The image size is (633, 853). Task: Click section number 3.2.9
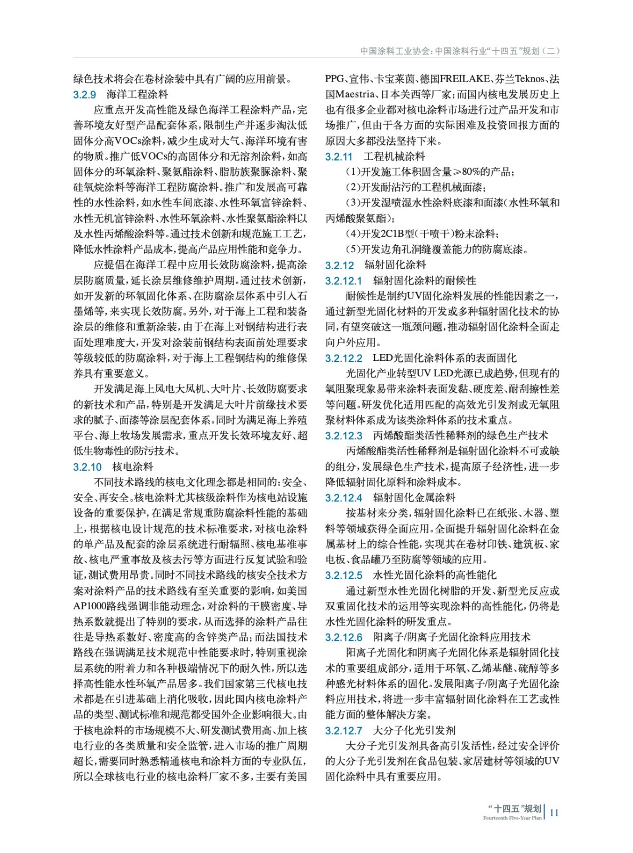pyautogui.click(x=84, y=95)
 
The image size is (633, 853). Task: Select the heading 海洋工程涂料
pyautogui.click(x=137, y=95)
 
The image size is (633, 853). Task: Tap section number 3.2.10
pyautogui.click(x=87, y=467)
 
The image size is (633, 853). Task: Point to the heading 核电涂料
pyautogui.click(x=133, y=467)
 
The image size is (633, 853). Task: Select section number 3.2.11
pyautogui.click(x=339, y=157)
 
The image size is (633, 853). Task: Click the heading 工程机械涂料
pyautogui.click(x=395, y=157)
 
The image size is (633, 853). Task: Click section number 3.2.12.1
pyautogui.click(x=343, y=281)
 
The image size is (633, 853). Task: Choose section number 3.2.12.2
pyautogui.click(x=343, y=358)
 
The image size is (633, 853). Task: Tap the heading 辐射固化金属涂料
pyautogui.click(x=414, y=498)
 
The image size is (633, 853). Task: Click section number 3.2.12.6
pyautogui.click(x=343, y=638)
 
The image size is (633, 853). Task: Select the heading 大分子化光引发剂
pyautogui.click(x=414, y=730)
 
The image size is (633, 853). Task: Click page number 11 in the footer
pyautogui.click(x=554, y=812)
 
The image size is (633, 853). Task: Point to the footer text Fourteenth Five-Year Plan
pyautogui.click(x=512, y=818)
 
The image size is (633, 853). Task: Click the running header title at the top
pyautogui.click(x=460, y=51)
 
